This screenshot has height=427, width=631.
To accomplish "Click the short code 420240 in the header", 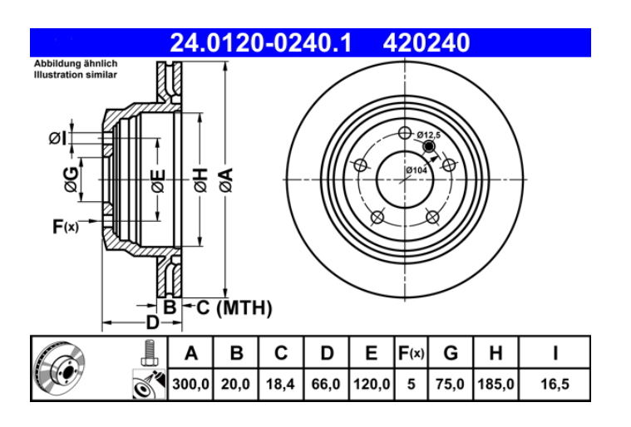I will pos(426,42).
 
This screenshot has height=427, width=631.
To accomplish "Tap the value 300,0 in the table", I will pos(191,385).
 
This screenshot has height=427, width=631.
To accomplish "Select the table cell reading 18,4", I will pos(281,385).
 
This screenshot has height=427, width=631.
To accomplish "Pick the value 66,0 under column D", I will pos(327,385).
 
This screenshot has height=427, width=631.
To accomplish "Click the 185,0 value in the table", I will pos(495,385).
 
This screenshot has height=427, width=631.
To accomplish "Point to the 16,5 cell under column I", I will pos(555,385).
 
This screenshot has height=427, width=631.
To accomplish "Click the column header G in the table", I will pos(451,353).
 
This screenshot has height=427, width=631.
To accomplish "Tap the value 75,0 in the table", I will pos(451,385).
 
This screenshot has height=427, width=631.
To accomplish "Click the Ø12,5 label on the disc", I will pos(428,135).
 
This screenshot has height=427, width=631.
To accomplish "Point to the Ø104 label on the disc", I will pos(417,170).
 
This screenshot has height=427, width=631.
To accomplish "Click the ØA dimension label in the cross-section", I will pos(225,178).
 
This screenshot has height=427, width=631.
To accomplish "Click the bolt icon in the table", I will pos(149,353).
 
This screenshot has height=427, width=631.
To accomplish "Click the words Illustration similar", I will pos(76,74).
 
